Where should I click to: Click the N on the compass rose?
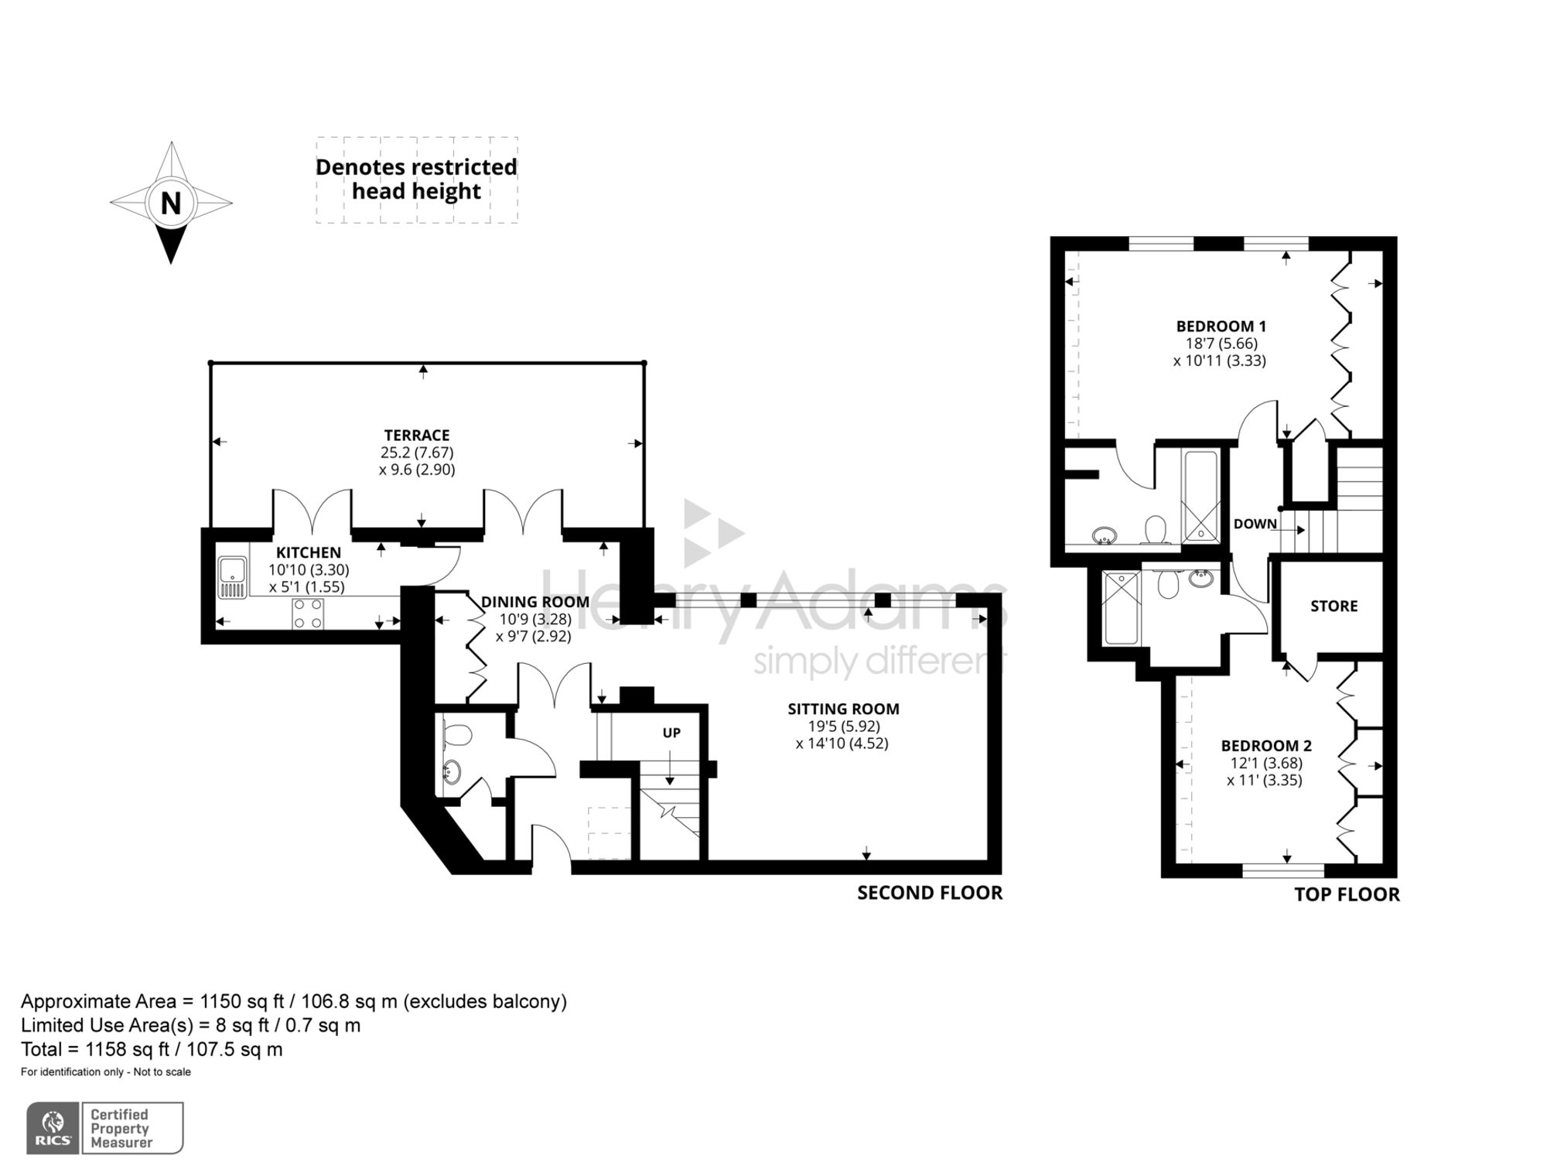[171, 203]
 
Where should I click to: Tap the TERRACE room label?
[417, 436]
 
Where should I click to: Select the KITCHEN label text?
[309, 552]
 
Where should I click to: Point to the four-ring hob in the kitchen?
[308, 614]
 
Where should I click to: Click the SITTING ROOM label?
[843, 709]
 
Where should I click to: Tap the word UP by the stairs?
[671, 733]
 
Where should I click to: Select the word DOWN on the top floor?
[1255, 524]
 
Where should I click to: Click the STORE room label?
[1334, 606]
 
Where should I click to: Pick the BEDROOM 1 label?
[1221, 326]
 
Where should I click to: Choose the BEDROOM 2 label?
[1266, 746]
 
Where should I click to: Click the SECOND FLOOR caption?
[930, 893]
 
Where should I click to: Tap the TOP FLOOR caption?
[1347, 894]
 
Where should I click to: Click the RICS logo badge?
[53, 1129]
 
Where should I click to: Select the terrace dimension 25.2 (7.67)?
[417, 453]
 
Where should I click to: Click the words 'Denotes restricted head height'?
[416, 179]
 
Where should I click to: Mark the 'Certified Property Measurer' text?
[121, 1129]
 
